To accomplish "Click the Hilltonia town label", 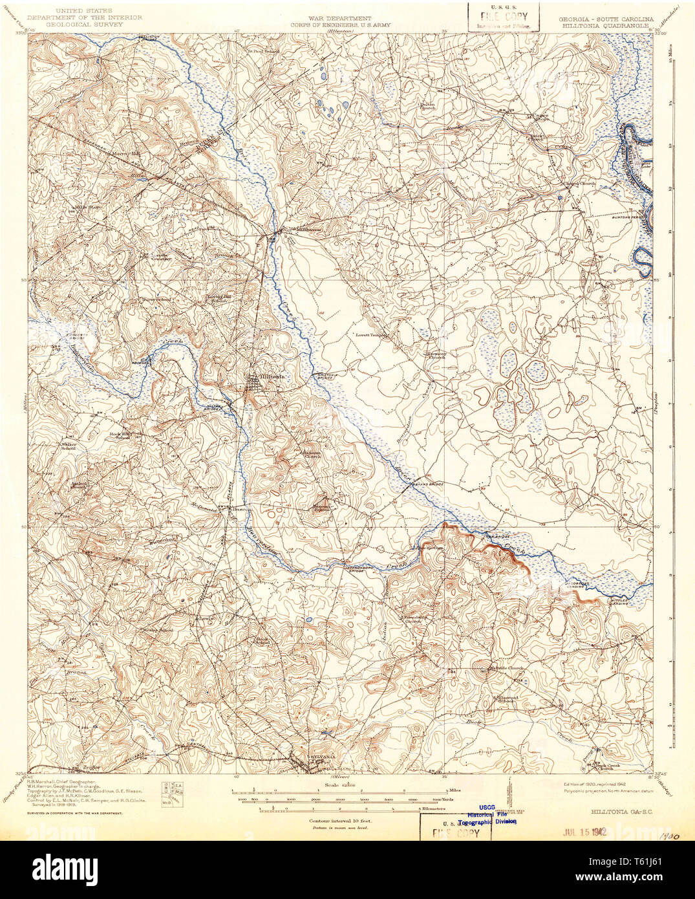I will [272, 377].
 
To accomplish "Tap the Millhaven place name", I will [307, 229].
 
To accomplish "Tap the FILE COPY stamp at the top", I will [504, 16].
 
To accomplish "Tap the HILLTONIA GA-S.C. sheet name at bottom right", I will [619, 811].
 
